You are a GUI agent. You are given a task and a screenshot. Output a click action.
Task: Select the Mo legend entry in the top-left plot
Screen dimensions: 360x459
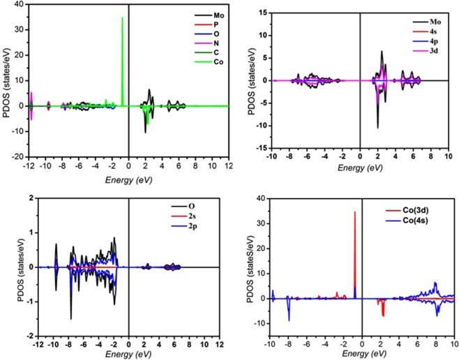coord(204,14)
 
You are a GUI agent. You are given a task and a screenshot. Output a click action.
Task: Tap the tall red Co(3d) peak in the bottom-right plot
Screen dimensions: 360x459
coord(355,212)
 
